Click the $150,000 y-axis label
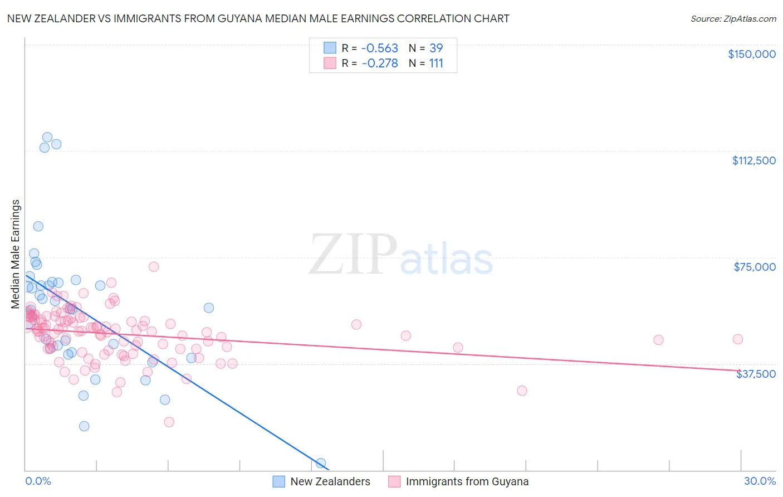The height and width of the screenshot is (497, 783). coord(751,54)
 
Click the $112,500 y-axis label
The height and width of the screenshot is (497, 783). coord(753,160)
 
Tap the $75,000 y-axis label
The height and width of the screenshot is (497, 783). coord(755,267)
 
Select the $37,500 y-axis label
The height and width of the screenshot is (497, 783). coord(756,374)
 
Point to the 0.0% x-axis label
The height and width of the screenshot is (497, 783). coord(38,481)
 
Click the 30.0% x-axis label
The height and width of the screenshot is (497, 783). coord(760,481)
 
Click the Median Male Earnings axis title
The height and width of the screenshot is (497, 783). coord(16,254)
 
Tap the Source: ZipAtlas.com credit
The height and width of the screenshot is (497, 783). coord(733,19)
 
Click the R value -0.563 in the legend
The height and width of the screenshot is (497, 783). coord(380,48)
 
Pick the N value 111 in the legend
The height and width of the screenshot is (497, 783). coord(436,64)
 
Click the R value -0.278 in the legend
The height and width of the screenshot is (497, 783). coord(380,64)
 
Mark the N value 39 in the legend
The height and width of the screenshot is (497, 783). coord(436,48)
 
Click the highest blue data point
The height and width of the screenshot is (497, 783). coord(47,137)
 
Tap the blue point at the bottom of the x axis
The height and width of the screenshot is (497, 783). coord(321,463)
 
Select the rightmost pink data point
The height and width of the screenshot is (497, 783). coord(738,339)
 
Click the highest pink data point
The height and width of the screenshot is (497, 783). coord(154,267)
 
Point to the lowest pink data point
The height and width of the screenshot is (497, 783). coord(169,422)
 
